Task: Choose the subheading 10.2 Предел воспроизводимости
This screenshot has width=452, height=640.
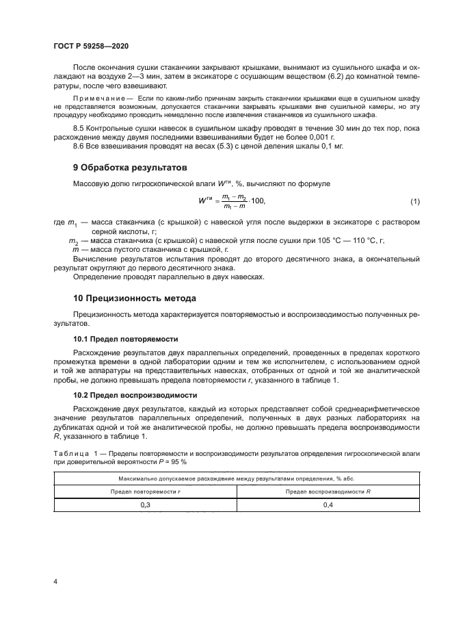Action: click(135, 395)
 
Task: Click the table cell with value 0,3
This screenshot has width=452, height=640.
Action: click(145, 504)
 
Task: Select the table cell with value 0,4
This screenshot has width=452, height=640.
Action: click(328, 504)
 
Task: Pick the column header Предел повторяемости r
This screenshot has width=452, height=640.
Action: click(145, 491)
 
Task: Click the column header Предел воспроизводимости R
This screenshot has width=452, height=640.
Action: click(328, 491)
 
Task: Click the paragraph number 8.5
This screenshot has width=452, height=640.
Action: click(79, 128)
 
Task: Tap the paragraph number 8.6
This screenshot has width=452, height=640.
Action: click(79, 146)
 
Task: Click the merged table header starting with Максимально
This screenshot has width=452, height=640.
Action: click(236, 478)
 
